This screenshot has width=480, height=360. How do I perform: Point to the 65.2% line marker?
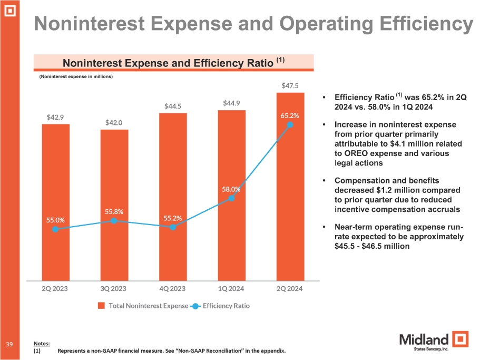pos(290,125)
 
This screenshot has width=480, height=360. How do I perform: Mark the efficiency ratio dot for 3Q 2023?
pos(114,220)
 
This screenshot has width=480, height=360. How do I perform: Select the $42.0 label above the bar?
pos(114,122)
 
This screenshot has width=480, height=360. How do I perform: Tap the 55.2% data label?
pos(173,217)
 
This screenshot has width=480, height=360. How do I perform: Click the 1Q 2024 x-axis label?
pos(231,289)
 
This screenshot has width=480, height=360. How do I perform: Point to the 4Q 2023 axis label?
pos(173,289)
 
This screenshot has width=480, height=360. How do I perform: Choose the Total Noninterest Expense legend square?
pos(102,306)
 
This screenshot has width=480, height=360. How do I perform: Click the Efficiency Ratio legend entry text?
pos(226,306)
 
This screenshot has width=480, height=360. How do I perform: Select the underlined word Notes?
pos(41,343)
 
